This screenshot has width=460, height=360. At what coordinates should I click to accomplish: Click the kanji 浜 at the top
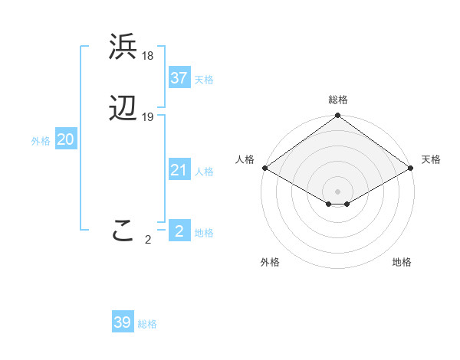(123, 47)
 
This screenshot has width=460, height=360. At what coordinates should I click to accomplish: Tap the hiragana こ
(123, 231)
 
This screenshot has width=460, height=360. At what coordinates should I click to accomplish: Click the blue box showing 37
(179, 78)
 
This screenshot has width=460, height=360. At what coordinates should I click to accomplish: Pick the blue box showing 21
(179, 170)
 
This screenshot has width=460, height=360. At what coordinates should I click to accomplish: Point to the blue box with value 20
(65, 140)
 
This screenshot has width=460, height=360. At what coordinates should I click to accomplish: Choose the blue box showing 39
(122, 322)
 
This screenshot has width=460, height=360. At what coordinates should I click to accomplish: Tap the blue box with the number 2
(179, 231)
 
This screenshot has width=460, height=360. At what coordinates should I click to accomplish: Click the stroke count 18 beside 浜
(148, 55)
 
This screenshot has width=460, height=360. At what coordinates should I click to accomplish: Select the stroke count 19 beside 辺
(148, 117)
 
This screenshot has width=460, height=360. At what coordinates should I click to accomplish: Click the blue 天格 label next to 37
(204, 80)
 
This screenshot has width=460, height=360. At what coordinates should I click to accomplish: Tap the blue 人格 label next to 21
(204, 172)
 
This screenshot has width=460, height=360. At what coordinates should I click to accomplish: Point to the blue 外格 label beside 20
(41, 141)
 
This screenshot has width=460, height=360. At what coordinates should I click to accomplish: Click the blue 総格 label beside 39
(147, 324)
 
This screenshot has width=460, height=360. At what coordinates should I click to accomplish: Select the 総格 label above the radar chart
(338, 100)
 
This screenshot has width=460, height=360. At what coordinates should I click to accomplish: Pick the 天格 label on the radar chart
(431, 159)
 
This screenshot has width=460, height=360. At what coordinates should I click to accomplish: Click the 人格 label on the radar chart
(245, 159)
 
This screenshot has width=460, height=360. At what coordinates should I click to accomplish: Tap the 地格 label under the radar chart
(402, 262)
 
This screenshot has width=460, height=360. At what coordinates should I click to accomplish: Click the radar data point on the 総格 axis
(338, 116)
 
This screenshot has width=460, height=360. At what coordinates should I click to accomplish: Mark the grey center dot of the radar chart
(338, 191)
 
